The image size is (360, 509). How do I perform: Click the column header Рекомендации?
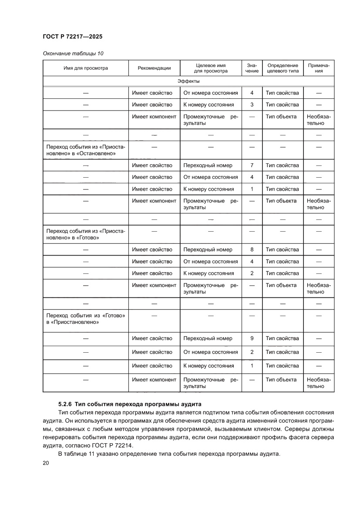(x=154, y=68)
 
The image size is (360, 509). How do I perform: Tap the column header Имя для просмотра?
(x=86, y=68)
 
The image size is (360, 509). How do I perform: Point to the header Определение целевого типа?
(x=283, y=68)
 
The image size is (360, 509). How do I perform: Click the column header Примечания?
(x=319, y=68)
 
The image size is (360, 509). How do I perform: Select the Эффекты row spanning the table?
(x=188, y=81)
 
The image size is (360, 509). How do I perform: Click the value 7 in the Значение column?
(x=252, y=165)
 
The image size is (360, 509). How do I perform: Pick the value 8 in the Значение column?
(x=252, y=249)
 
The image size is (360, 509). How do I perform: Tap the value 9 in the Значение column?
(x=252, y=338)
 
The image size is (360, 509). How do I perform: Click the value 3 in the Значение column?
(x=252, y=104)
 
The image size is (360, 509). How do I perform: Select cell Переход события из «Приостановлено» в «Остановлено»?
(x=85, y=150)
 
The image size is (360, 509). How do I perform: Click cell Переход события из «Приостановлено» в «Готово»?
(x=85, y=235)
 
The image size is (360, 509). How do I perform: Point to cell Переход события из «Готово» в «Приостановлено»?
(x=85, y=319)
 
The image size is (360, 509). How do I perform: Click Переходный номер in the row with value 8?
(x=208, y=249)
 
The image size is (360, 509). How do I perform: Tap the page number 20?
(x=46, y=463)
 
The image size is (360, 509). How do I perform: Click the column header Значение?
(x=252, y=68)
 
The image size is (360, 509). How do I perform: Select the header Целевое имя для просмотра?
(x=211, y=68)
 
